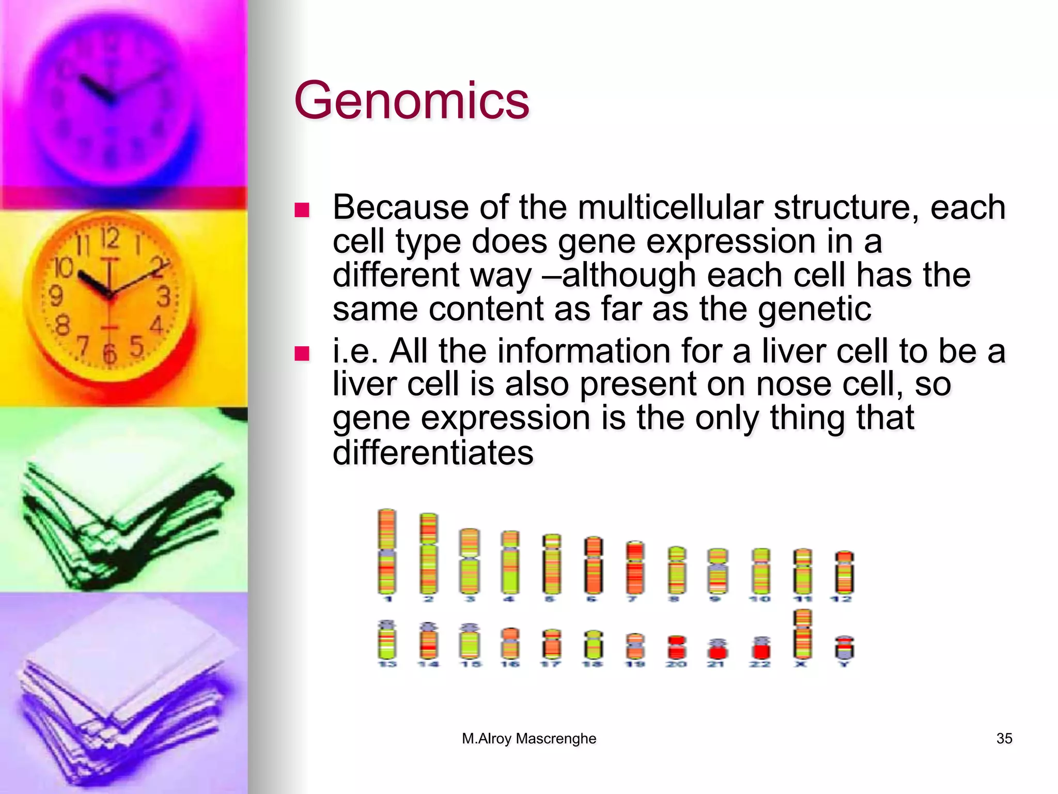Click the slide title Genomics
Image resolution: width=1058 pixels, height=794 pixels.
coord(411,100)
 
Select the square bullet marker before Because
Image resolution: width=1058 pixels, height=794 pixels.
coord(301,210)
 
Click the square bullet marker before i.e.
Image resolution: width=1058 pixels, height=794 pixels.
coord(301,354)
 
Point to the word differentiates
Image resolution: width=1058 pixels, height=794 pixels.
coord(433,453)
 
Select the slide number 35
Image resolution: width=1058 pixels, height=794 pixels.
coord(1004,739)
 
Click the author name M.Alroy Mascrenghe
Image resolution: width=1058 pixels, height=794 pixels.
coord(529,739)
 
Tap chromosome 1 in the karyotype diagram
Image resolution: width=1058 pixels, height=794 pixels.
coord(387,552)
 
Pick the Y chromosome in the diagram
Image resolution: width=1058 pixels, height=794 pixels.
coord(844,648)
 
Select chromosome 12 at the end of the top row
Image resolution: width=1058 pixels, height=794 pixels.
coord(844,572)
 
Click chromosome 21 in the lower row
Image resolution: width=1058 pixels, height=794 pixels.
coord(717,649)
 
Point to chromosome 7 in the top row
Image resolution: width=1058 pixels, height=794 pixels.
coord(635,568)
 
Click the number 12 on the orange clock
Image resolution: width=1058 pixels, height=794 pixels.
coord(110,239)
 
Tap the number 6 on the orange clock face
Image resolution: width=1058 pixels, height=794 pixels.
coord(110,354)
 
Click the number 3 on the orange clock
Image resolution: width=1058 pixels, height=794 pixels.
coord(164,296)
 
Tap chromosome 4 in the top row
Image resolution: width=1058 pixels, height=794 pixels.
coord(509,562)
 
